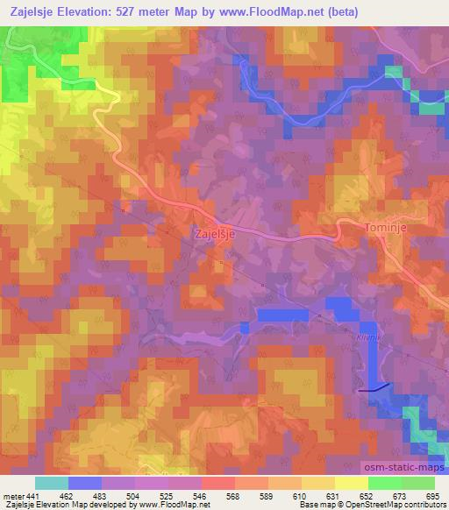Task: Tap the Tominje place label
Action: pos(385,227)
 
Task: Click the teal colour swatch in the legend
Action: pos(52,483)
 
